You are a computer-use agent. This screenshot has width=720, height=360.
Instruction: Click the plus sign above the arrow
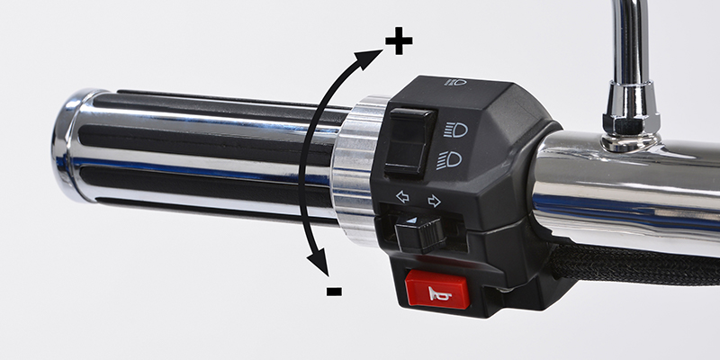point(399,40)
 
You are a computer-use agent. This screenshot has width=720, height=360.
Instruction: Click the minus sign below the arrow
point(334,291)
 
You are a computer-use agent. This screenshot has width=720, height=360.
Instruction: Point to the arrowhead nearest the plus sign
point(370,58)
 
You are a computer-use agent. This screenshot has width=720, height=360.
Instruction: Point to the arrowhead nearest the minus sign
point(319,262)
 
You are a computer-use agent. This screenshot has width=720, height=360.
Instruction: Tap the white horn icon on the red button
point(437,293)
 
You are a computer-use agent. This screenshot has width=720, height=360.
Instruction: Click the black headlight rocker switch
point(410,141)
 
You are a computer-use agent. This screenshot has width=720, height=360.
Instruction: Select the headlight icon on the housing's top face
point(455,82)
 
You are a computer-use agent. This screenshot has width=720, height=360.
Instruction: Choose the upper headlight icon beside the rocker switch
point(455,130)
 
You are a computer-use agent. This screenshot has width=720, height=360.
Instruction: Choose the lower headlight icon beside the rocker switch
point(449,160)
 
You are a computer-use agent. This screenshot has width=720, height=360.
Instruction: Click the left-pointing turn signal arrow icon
point(402,197)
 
